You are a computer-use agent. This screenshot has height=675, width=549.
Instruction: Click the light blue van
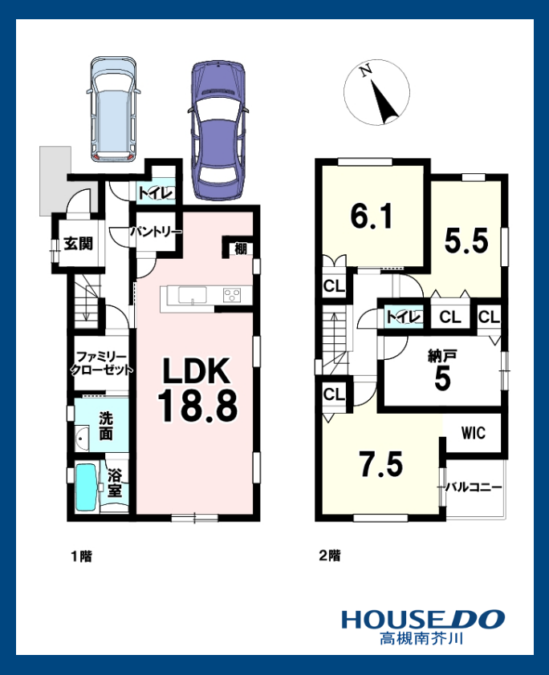113,109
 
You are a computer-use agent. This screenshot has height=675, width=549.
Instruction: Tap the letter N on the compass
367,71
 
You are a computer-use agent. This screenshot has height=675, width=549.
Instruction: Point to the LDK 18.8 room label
197,390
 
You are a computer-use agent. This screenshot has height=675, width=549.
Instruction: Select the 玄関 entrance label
78,244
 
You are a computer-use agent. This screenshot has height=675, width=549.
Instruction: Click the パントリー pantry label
156,232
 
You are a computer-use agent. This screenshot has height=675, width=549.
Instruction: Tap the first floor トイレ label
156,193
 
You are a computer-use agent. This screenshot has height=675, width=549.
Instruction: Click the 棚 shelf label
241,249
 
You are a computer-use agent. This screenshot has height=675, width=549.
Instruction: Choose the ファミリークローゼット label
101,363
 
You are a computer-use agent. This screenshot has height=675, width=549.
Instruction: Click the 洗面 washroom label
106,426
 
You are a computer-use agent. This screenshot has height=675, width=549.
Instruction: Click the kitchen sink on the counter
192,295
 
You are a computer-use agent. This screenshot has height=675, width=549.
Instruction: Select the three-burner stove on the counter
232,295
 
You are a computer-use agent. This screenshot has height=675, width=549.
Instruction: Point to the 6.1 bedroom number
372,216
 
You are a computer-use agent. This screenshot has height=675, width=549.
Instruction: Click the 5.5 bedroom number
466,240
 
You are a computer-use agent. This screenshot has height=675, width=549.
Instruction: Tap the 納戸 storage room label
442,356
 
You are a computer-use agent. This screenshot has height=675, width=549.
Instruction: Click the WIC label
474,433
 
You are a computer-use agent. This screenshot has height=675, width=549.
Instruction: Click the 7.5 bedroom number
381,464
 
